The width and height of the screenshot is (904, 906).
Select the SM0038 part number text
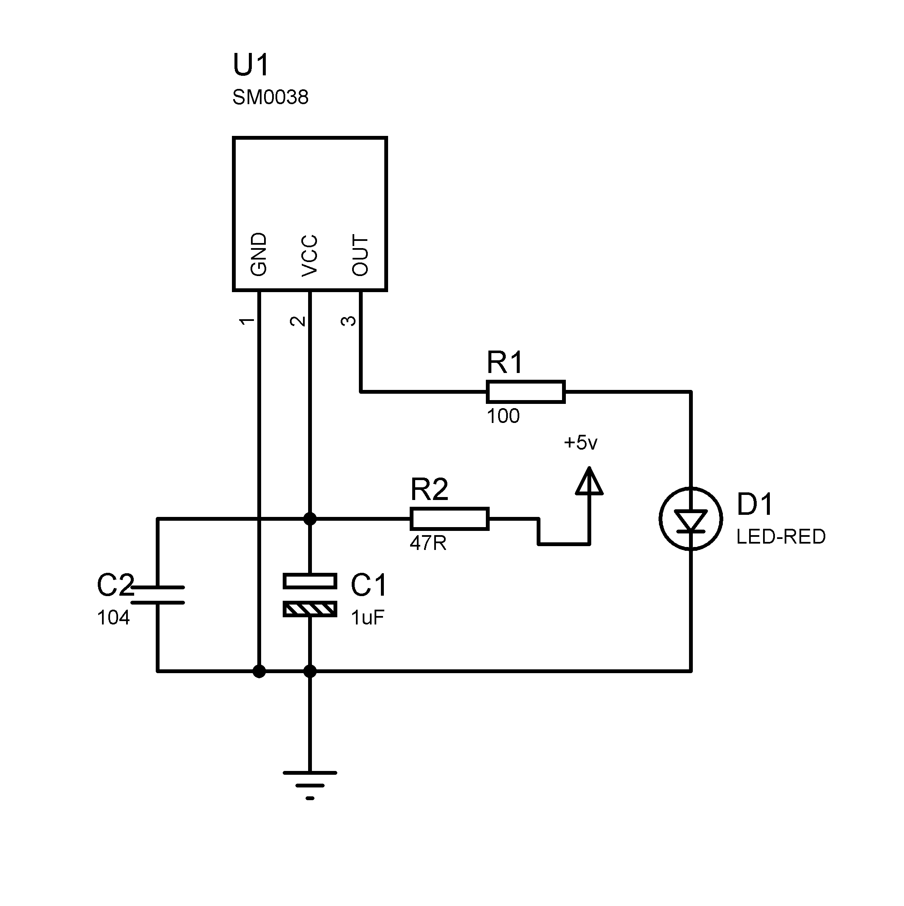(270, 97)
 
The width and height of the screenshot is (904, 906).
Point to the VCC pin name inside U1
(309, 256)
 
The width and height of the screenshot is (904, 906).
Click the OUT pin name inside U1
(360, 255)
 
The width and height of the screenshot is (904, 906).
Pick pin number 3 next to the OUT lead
(348, 321)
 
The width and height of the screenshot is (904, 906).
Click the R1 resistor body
(526, 392)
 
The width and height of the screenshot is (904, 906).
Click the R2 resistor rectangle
(449, 519)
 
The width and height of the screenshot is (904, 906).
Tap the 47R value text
(427, 544)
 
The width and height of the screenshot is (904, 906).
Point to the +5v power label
(581, 443)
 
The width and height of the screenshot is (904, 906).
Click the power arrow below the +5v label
(590, 482)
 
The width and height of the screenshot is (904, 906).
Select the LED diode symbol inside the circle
(690, 521)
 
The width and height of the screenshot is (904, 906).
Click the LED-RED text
(781, 537)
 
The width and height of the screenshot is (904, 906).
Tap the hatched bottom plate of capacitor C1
(310, 610)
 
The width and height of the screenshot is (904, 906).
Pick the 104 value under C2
(113, 618)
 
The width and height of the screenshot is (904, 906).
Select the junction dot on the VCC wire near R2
(310, 519)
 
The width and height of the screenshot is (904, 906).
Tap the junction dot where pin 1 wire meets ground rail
(259, 671)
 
